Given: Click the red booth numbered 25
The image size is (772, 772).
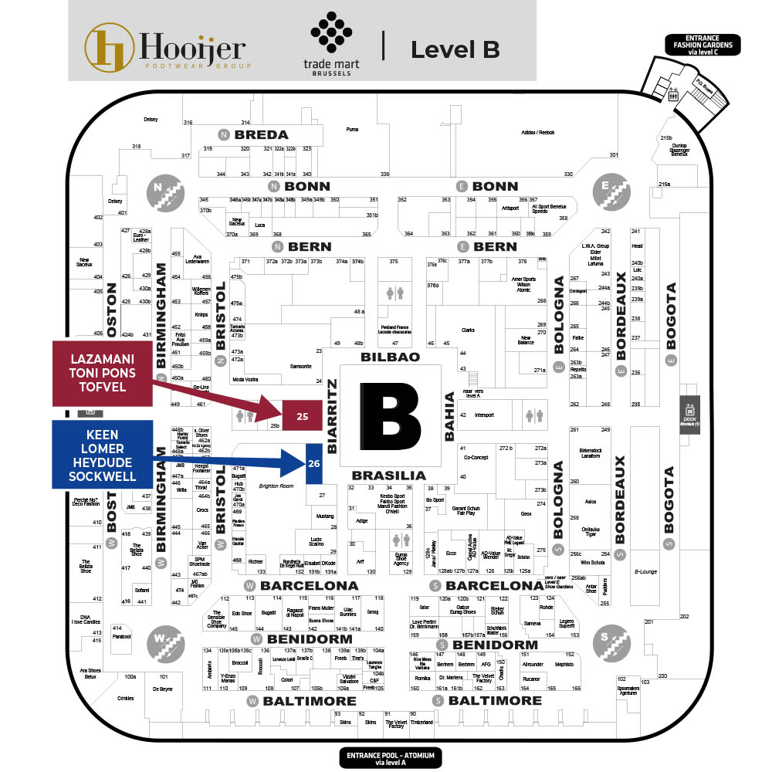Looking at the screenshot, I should pos(303,416).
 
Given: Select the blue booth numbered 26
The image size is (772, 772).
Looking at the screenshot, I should pos(313,463).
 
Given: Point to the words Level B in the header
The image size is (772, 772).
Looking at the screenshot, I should pos(455,49).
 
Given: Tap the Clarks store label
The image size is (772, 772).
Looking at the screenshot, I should pos(467,330).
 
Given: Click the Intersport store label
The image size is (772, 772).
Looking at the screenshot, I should pos(484,415).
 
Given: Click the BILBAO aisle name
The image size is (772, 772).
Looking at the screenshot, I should pos(391,357).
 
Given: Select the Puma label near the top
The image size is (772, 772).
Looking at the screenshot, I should pos(353,129).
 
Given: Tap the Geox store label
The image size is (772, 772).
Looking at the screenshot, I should pos(527,513).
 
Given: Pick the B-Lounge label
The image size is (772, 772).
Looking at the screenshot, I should pos(645,572).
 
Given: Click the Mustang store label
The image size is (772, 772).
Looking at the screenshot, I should pos(325,515).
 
